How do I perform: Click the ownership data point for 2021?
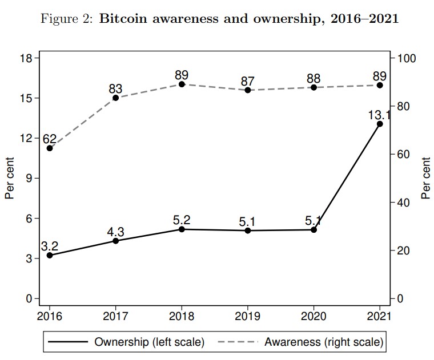(380, 124)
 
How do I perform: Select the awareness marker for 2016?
(50, 148)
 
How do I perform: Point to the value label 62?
(50, 138)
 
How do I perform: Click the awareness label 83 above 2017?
(116, 89)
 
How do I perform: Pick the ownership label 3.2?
(50, 246)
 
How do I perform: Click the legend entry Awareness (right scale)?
(303, 342)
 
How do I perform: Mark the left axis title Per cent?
(10, 178)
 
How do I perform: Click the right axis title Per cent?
(425, 178)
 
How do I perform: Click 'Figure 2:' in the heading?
(62, 19)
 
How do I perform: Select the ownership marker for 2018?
(182, 229)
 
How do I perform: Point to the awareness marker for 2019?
(248, 90)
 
